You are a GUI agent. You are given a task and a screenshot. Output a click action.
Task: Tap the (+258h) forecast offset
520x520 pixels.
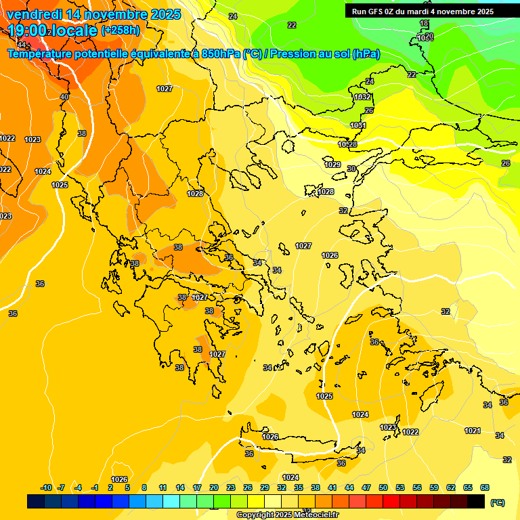[x=121, y=30]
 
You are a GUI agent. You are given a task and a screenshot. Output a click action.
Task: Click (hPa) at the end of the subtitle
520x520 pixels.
[x=366, y=54]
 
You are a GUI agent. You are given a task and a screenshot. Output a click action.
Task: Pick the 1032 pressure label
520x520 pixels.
[x=362, y=97]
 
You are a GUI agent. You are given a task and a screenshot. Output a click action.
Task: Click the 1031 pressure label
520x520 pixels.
[x=358, y=125]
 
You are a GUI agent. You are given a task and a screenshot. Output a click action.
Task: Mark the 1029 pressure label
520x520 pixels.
[x=332, y=165]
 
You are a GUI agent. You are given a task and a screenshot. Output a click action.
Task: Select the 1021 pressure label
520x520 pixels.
[x=473, y=431]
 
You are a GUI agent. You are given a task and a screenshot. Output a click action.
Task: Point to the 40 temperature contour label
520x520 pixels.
[x=64, y=97]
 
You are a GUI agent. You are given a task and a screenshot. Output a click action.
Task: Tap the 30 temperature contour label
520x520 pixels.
[x=351, y=169]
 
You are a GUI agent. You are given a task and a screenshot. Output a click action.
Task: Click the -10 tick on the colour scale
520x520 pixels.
[x=46, y=487]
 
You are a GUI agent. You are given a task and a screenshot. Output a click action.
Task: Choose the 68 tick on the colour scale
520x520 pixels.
[x=485, y=487]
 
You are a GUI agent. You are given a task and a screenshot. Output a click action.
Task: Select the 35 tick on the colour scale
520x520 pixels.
[x=299, y=487]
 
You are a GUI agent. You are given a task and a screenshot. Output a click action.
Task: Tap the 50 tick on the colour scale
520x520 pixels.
[x=383, y=487]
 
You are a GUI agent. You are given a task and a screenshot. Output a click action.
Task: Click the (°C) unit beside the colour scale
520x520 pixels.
[x=498, y=502]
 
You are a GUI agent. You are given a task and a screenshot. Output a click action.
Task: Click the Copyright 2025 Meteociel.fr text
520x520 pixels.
[x=288, y=515]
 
